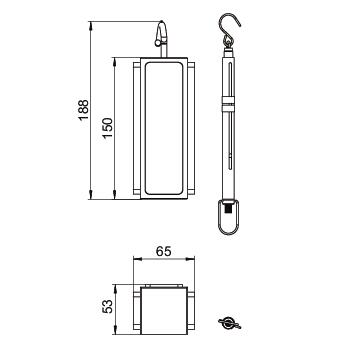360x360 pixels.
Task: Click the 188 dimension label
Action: [82, 110]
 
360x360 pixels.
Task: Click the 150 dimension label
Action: [107, 129]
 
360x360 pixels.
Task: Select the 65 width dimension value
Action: [164, 251]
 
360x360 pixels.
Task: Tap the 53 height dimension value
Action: [107, 306]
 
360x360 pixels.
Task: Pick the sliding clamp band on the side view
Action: [228, 104]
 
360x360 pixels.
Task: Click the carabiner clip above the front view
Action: [161, 33]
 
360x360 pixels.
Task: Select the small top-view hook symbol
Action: [229, 323]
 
